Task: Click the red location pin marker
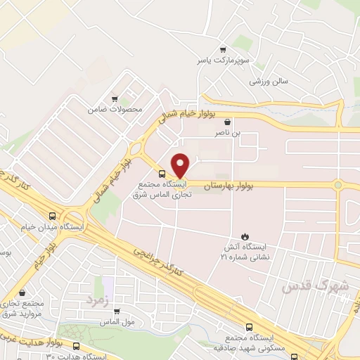click(x=181, y=165)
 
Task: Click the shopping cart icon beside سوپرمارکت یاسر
click(x=223, y=50)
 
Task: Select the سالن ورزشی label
click(x=269, y=82)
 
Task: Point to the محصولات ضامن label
click(x=115, y=110)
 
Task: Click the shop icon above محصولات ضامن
click(x=115, y=99)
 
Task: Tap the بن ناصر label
click(x=227, y=131)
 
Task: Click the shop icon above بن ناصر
click(x=227, y=122)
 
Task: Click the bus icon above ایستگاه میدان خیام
click(x=53, y=217)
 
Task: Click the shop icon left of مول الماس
click(x=117, y=311)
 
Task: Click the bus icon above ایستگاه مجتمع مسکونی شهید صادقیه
click(x=249, y=327)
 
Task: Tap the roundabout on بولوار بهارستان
click(x=337, y=185)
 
